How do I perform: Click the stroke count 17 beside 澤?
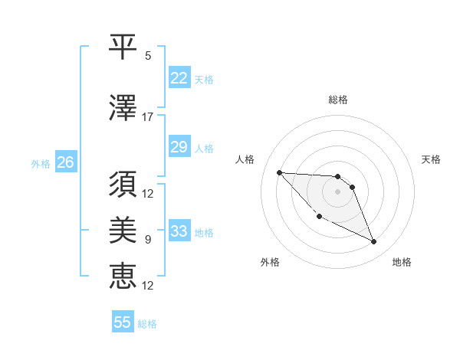pos(148,117)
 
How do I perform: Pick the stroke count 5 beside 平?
pos(148,56)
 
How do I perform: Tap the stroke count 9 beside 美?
pos(148,240)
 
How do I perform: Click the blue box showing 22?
pos(179,78)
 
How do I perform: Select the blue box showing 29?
pos(179,147)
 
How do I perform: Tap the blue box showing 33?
pos(179,231)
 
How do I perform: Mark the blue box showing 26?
pos(65,162)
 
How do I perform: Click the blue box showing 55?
pos(123,322)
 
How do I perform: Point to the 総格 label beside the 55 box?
pos(147,324)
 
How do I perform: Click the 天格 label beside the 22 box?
pos(204,80)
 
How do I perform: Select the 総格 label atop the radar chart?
pos(337,100)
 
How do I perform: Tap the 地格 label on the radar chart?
pos(402,262)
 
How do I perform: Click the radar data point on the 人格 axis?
pos(279,172)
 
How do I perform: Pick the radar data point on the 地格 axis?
pos(374,242)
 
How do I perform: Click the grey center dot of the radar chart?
pos(337,191)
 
